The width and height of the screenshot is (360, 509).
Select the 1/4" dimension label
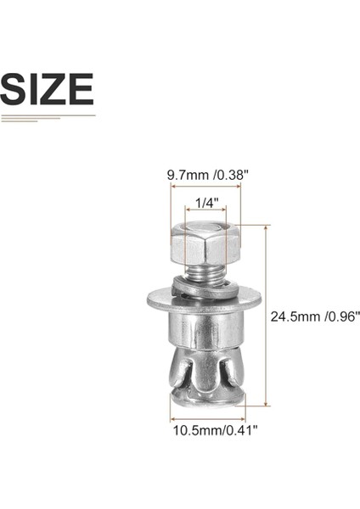pos(206,204)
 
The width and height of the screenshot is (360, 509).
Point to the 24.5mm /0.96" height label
pos(315,316)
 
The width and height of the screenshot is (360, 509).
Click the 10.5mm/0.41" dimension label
pos(209,430)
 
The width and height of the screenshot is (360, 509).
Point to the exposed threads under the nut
pos(206,273)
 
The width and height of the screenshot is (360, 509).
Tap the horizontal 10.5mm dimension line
pos(208,418)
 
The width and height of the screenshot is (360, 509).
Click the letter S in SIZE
pos(14,89)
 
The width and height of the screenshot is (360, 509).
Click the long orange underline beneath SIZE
pos(48,115)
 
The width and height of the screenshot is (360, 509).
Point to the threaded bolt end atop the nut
pos(206,227)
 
